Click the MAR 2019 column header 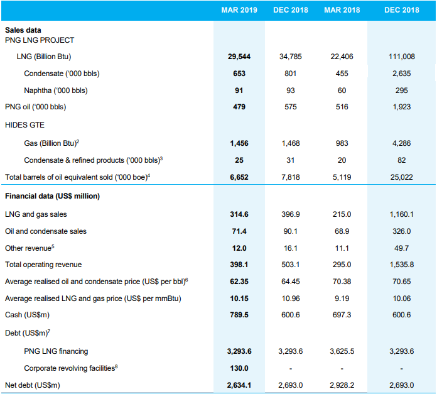239,10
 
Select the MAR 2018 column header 342,10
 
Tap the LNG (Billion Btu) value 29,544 239,57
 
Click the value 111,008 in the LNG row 402,57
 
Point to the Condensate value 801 291,74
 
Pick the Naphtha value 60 342,90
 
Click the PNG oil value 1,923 402,107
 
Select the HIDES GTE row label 24,125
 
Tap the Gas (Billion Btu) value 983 342,143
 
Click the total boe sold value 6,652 239,177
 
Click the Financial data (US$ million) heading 52,196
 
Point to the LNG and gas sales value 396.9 291,214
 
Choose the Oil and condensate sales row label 46,231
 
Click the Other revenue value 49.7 402,248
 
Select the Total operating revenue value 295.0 342,265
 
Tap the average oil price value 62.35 239,282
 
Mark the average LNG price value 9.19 342,298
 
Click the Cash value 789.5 239,315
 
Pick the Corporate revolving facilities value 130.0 239,368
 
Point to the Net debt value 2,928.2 342,385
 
